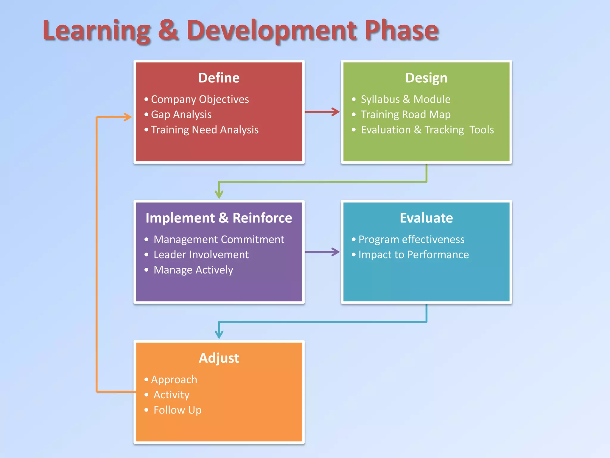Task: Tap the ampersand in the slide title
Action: click(x=168, y=30)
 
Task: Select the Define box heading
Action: click(x=219, y=78)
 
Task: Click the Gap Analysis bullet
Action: click(x=181, y=114)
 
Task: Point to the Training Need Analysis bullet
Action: click(x=205, y=130)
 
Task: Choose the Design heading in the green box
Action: click(x=426, y=78)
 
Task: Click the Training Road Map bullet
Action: click(x=405, y=114)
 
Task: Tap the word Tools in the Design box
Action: click(x=481, y=130)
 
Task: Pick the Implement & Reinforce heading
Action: click(x=219, y=218)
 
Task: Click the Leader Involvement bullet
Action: click(x=201, y=255)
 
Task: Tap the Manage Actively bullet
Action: click(x=193, y=270)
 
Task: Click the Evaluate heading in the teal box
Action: click(x=426, y=218)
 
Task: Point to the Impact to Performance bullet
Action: click(x=413, y=255)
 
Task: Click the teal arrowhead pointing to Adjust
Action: click(x=219, y=335)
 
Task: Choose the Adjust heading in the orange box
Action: click(x=219, y=358)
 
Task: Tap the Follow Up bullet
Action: click(x=178, y=410)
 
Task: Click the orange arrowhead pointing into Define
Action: click(x=128, y=117)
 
